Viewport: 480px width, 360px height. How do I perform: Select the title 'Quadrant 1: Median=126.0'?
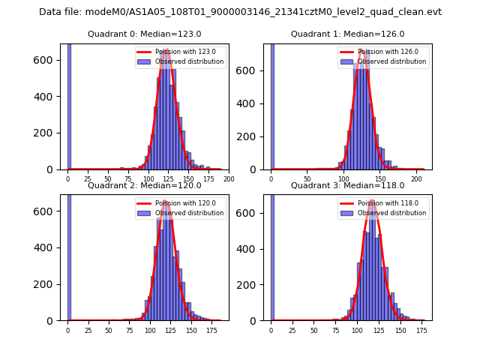(x=348, y=34)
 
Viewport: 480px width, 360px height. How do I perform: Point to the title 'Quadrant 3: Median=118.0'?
(x=348, y=185)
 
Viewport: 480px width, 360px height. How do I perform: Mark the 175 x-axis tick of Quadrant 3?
(x=421, y=329)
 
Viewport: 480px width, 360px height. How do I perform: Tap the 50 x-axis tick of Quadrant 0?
(x=108, y=179)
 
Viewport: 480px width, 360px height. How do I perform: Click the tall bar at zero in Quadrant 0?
(x=69, y=105)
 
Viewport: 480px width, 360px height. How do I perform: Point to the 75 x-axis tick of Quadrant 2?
(x=129, y=329)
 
